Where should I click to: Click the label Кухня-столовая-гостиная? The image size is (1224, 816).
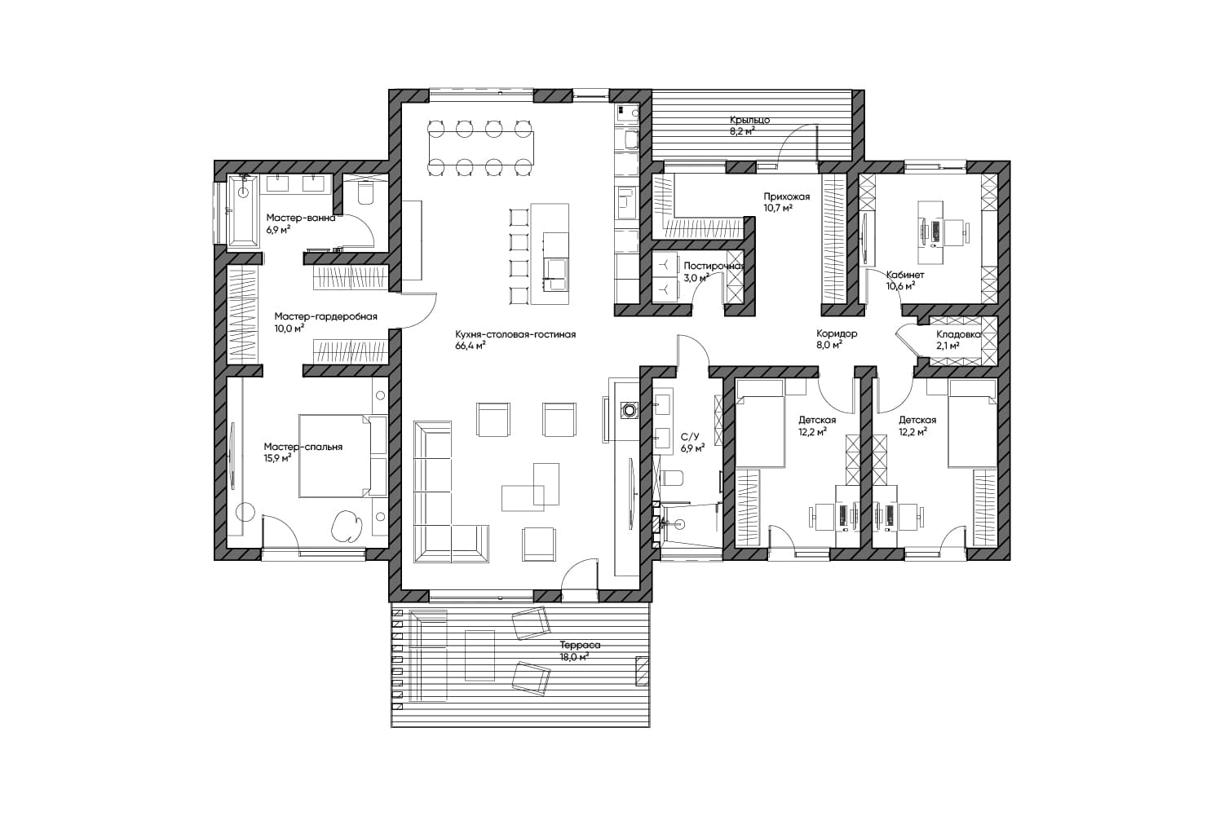tap(515, 334)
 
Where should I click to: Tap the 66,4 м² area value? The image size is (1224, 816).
tap(471, 346)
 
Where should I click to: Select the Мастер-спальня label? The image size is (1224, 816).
tap(303, 447)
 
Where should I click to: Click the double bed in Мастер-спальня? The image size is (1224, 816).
tap(342, 456)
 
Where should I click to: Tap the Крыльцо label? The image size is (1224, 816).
tap(749, 120)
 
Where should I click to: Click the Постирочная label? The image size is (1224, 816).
tap(714, 266)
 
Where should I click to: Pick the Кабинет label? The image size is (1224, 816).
tap(905, 275)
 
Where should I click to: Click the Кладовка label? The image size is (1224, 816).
tap(958, 334)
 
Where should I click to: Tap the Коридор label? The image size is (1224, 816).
tap(837, 333)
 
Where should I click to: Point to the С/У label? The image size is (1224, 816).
tap(690, 437)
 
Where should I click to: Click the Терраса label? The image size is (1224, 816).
tap(580, 645)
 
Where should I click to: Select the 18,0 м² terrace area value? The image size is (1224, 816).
tap(574, 657)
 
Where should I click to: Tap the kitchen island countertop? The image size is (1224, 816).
tap(549, 254)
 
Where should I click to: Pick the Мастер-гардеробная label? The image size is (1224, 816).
tap(325, 317)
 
